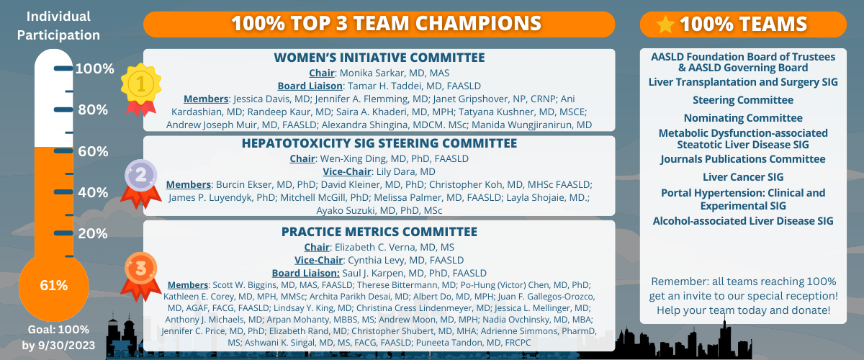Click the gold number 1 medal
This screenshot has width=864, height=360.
(x=141, y=89)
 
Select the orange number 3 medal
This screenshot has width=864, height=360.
(x=141, y=276)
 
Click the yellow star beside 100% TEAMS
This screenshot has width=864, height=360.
(x=665, y=24)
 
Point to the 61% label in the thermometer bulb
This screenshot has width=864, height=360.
(x=54, y=286)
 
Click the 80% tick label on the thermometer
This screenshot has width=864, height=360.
(x=93, y=109)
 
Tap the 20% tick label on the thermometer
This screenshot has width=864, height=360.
(x=93, y=233)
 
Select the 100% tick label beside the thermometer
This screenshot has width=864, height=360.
(x=95, y=68)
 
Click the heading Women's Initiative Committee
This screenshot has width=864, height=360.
(x=379, y=58)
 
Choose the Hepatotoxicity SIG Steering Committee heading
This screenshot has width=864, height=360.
(x=379, y=143)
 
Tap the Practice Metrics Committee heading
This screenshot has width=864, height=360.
(x=379, y=232)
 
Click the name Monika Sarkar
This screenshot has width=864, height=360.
(x=374, y=73)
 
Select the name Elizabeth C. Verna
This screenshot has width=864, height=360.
(x=374, y=247)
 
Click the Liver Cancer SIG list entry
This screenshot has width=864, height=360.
(x=743, y=176)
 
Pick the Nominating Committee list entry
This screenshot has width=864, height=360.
(x=743, y=117)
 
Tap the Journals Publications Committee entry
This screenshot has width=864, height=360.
(x=743, y=159)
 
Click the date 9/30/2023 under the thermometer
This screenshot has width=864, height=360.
(x=66, y=345)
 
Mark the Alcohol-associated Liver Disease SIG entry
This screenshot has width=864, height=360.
(x=743, y=221)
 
